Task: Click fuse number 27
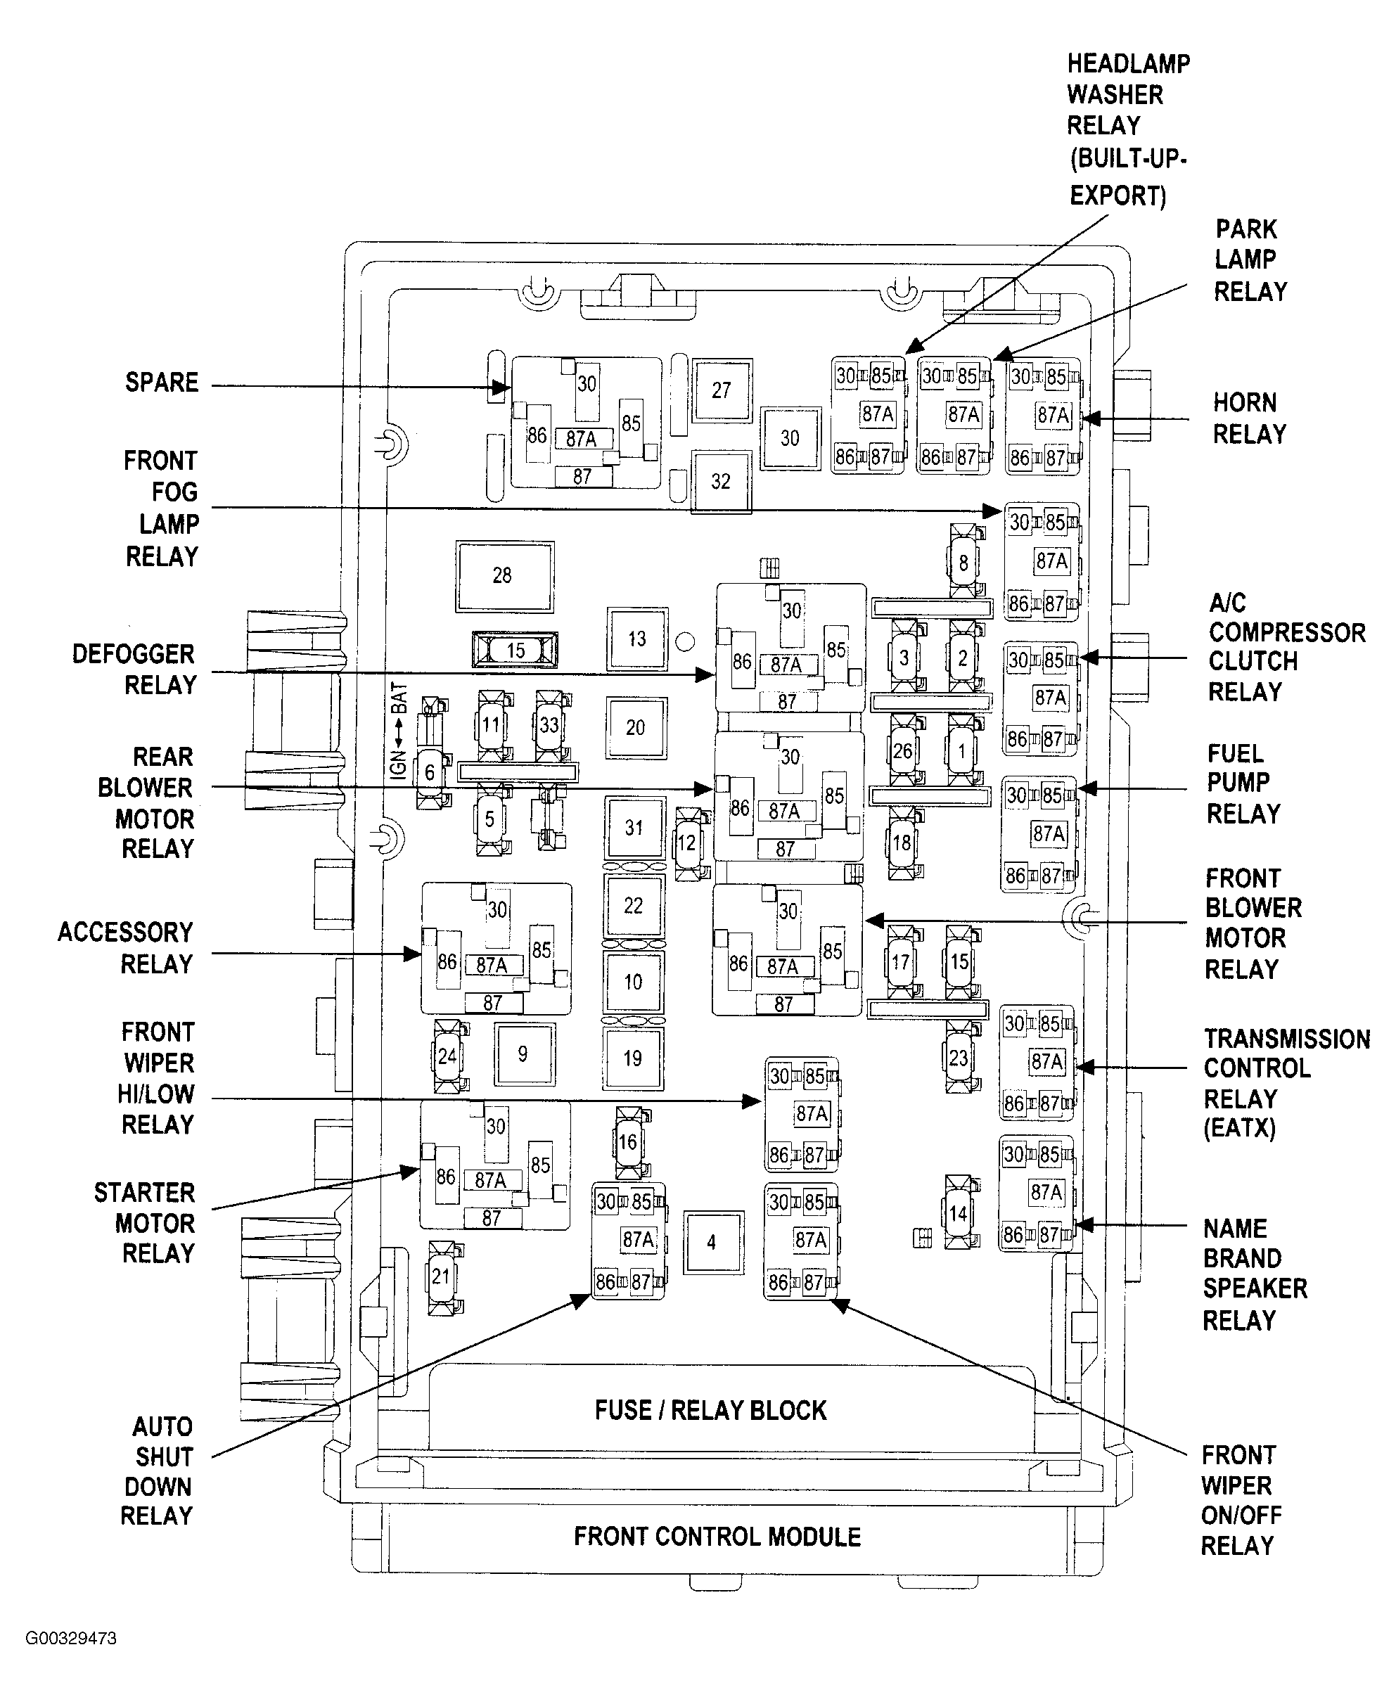(x=722, y=390)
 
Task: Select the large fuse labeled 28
(x=504, y=576)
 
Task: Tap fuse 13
(x=637, y=639)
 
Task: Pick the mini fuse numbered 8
(x=963, y=563)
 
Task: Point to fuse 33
(x=549, y=724)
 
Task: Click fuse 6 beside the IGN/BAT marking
(x=430, y=773)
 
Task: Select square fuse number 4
(x=712, y=1243)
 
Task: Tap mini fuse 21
(x=441, y=1276)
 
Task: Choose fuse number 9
(x=523, y=1054)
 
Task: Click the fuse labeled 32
(x=721, y=482)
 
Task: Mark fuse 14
(x=958, y=1213)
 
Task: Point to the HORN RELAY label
(x=1249, y=418)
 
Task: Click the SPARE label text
(x=162, y=382)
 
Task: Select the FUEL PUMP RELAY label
(x=1243, y=783)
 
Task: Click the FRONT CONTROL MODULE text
(x=717, y=1537)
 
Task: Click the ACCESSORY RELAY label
(x=127, y=947)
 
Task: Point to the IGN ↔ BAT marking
(x=399, y=730)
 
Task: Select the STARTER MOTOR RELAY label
(x=146, y=1222)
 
